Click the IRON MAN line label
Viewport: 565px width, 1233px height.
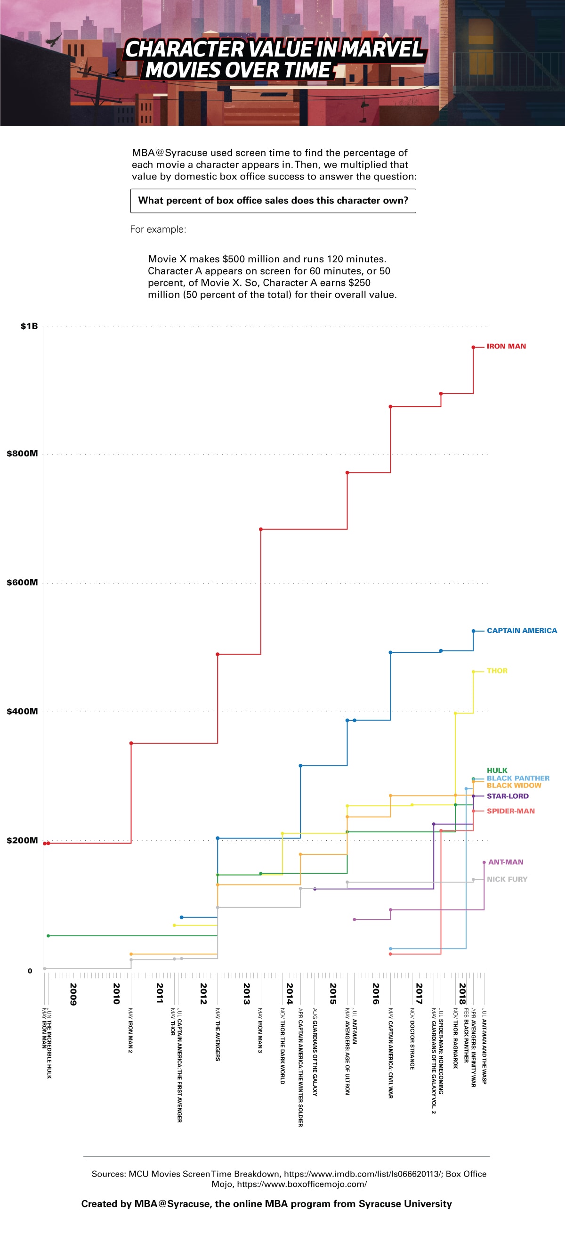coord(506,346)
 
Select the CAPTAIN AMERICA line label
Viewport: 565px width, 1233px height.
coord(522,630)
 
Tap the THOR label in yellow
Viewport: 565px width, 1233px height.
coord(497,671)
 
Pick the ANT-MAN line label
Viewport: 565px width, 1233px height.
coord(505,862)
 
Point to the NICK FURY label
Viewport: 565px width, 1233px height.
coord(507,879)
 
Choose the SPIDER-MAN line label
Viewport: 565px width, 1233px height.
coord(510,811)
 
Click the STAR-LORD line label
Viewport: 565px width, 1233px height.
coord(507,796)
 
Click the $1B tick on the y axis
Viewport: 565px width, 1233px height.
coord(29,326)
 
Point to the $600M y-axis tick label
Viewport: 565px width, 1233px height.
coord(22,583)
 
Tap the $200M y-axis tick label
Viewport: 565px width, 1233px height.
coord(22,840)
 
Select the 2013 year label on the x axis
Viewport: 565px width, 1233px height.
coord(246,994)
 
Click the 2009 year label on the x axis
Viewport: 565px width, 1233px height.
coord(73,994)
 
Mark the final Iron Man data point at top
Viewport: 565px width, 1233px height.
coord(473,348)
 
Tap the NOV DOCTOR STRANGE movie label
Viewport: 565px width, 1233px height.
coord(412,1038)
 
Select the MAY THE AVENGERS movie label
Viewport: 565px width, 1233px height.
coord(218,1034)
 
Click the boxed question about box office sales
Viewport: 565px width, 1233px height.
coord(273,201)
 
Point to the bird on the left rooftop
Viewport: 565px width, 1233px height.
coord(54,40)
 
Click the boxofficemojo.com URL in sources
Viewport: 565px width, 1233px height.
coord(302,1184)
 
